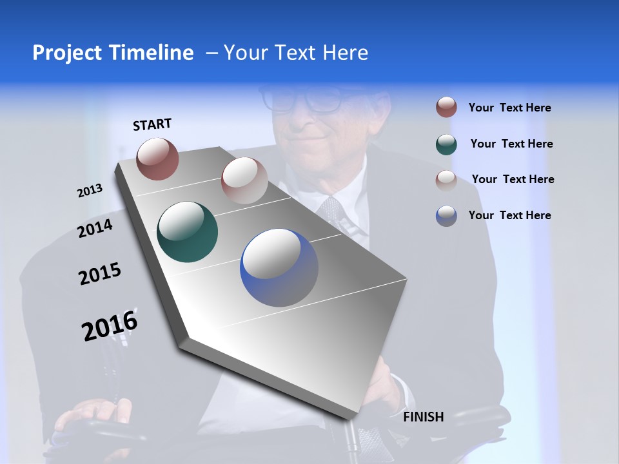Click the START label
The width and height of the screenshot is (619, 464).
pyautogui.click(x=152, y=124)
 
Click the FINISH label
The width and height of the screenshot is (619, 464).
pyautogui.click(x=424, y=417)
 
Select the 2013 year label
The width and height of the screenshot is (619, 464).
pyautogui.click(x=90, y=191)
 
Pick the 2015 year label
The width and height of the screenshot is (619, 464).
pyautogui.click(x=100, y=274)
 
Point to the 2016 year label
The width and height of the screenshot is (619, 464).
pyautogui.click(x=110, y=325)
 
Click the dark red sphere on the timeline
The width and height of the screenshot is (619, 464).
pyautogui.click(x=157, y=159)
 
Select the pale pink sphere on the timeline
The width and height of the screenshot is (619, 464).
pyautogui.click(x=244, y=180)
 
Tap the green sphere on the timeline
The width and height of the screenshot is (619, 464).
pyautogui.click(x=187, y=232)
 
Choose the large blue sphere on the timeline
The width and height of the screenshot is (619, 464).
pyautogui.click(x=279, y=267)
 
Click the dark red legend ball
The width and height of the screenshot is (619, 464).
pyautogui.click(x=446, y=108)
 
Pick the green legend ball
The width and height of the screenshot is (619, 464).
pyautogui.click(x=446, y=144)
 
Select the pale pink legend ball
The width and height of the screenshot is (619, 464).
pyautogui.click(x=446, y=180)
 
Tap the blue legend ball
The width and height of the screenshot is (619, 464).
pyautogui.click(x=446, y=216)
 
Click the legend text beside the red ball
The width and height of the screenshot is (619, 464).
pyautogui.click(x=510, y=108)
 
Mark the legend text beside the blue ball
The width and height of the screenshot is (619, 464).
pyautogui.click(x=510, y=215)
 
